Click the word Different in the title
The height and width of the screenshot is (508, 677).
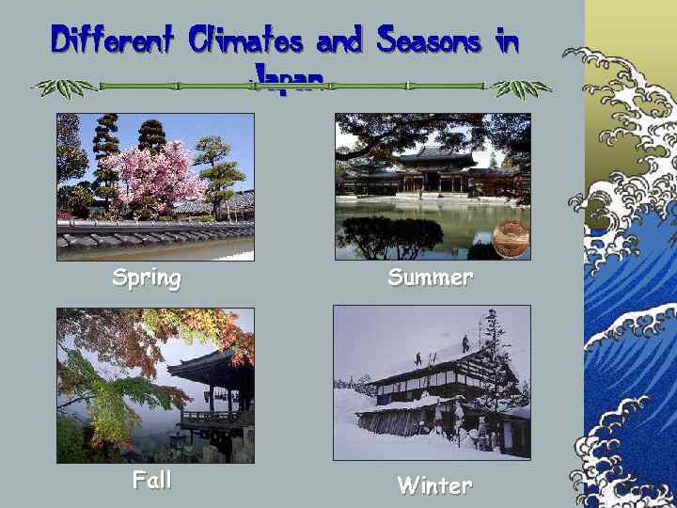tap(113, 40)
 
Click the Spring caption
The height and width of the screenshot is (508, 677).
tap(147, 278)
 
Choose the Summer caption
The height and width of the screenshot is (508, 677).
tap(431, 278)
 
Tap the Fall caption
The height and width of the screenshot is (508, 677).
tap(151, 480)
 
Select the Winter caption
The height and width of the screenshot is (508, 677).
tap(433, 485)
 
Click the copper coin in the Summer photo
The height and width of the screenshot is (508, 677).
tap(511, 240)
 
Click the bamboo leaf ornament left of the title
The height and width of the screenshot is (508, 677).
tap(64, 87)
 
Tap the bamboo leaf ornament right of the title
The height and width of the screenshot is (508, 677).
tap(522, 87)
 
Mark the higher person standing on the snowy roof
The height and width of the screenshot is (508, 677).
tap(465, 343)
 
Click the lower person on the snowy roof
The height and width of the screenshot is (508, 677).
tap(417, 359)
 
